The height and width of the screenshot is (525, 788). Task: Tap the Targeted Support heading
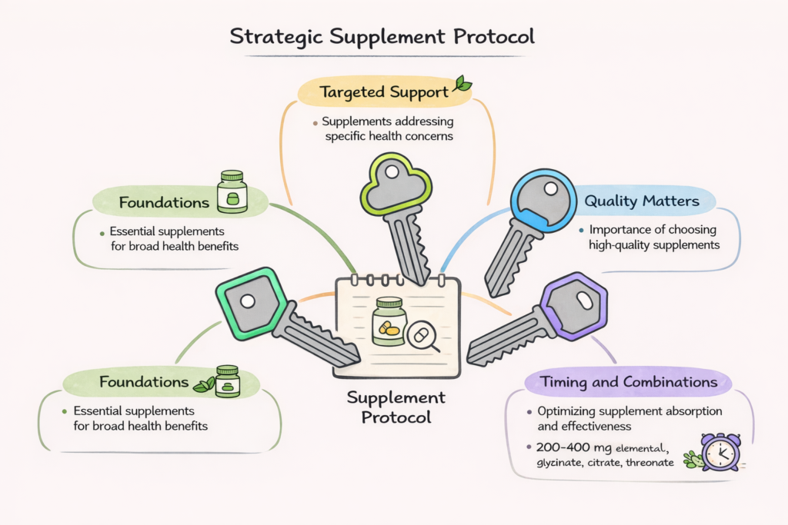click(x=384, y=92)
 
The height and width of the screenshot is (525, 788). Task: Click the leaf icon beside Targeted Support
click(x=462, y=84)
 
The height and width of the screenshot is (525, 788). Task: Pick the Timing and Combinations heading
click(x=629, y=382)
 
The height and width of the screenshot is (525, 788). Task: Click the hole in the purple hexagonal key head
click(x=580, y=298)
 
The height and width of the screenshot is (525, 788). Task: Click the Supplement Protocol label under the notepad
click(x=396, y=407)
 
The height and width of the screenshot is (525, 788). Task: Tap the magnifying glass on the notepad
click(x=422, y=336)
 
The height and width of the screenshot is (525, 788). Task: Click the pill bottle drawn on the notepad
click(x=389, y=321)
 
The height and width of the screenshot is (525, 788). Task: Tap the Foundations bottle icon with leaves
click(x=226, y=381)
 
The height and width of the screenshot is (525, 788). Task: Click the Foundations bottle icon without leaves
click(x=232, y=192)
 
